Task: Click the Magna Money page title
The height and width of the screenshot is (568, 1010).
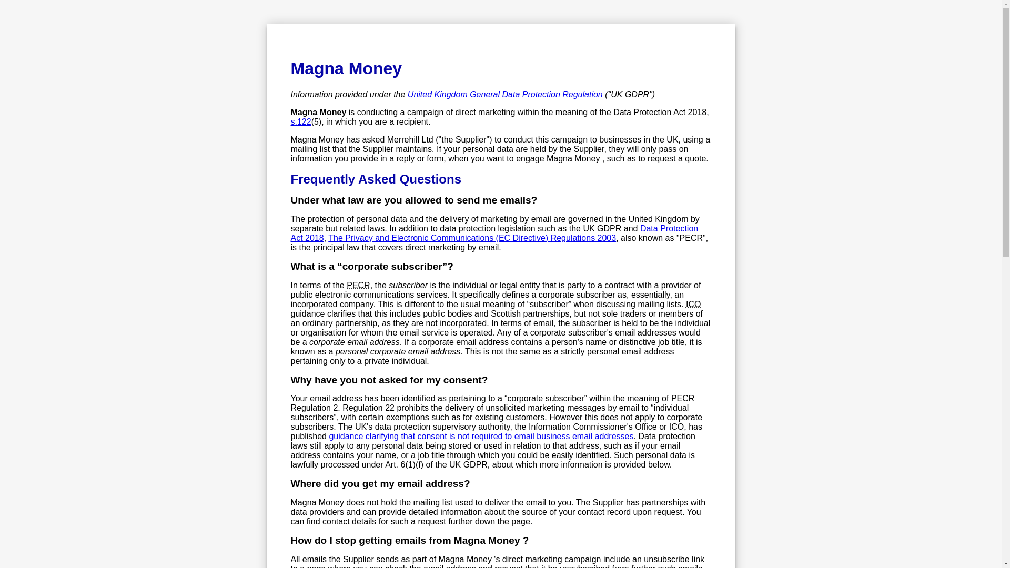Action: (x=346, y=68)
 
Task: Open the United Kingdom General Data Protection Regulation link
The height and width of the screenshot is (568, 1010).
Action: (x=504, y=95)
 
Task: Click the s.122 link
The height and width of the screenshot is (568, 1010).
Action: (x=300, y=122)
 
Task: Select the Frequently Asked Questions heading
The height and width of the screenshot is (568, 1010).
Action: (x=376, y=179)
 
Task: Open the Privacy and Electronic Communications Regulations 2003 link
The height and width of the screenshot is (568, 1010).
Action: (x=472, y=238)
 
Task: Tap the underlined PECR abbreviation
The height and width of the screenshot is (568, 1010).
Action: (x=358, y=286)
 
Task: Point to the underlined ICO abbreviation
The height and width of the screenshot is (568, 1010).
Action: (x=693, y=305)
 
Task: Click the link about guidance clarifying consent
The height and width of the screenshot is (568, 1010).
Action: (x=481, y=437)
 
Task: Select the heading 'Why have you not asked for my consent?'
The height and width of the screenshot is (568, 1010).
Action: (x=389, y=380)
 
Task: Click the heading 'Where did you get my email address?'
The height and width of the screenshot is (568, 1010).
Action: (x=380, y=484)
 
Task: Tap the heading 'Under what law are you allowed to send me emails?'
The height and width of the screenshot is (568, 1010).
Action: (x=413, y=200)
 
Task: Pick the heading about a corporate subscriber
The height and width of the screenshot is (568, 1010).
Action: (x=371, y=267)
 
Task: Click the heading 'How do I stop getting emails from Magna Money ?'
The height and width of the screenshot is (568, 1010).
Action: (x=409, y=541)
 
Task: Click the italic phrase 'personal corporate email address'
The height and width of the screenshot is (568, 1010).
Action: (x=398, y=352)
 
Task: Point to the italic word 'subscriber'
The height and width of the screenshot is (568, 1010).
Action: (x=408, y=286)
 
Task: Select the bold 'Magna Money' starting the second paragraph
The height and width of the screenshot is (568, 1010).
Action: (x=318, y=113)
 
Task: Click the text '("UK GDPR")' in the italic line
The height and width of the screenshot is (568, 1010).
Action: (x=630, y=95)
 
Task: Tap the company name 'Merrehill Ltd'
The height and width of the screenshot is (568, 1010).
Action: (x=410, y=140)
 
